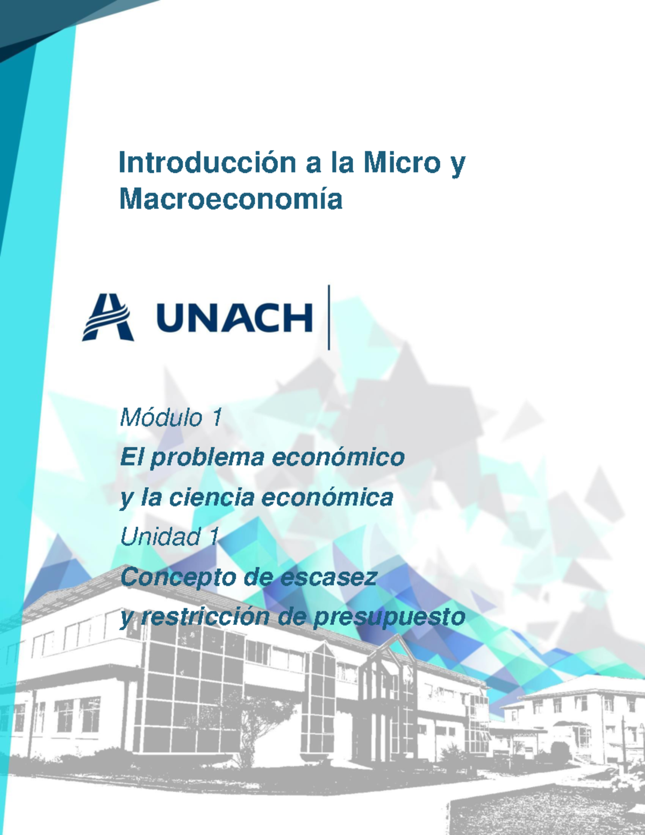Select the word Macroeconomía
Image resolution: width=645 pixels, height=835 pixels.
click(x=231, y=199)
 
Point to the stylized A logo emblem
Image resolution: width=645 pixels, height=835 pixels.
click(x=108, y=317)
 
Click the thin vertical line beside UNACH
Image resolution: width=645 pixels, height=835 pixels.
click(x=328, y=317)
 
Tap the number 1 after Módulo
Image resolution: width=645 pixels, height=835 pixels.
click(x=217, y=418)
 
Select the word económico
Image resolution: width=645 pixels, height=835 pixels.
click(x=338, y=458)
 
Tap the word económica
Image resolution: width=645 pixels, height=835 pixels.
click(x=327, y=497)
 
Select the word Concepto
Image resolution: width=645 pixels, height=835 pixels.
click(x=177, y=577)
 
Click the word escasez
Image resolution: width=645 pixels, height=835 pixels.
click(x=328, y=577)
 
